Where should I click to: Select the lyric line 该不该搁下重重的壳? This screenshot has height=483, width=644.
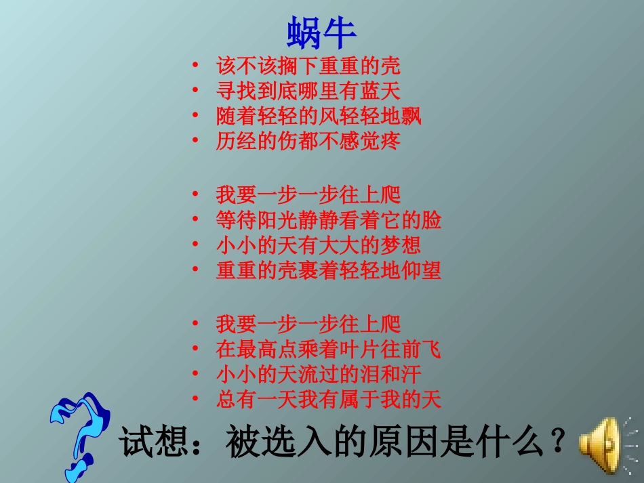308,66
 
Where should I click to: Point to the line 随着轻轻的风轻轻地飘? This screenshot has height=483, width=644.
319,116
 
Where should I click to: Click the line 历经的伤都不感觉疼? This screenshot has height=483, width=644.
308,141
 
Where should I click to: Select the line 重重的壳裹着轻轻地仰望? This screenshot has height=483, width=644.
328,270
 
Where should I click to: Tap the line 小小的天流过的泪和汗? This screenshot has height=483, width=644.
319,375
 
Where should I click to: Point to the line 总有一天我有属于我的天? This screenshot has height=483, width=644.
328,400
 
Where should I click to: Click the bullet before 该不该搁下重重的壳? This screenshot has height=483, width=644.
195,66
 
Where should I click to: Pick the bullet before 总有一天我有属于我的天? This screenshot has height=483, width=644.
195,400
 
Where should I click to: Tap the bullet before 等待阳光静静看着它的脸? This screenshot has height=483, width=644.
195,220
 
